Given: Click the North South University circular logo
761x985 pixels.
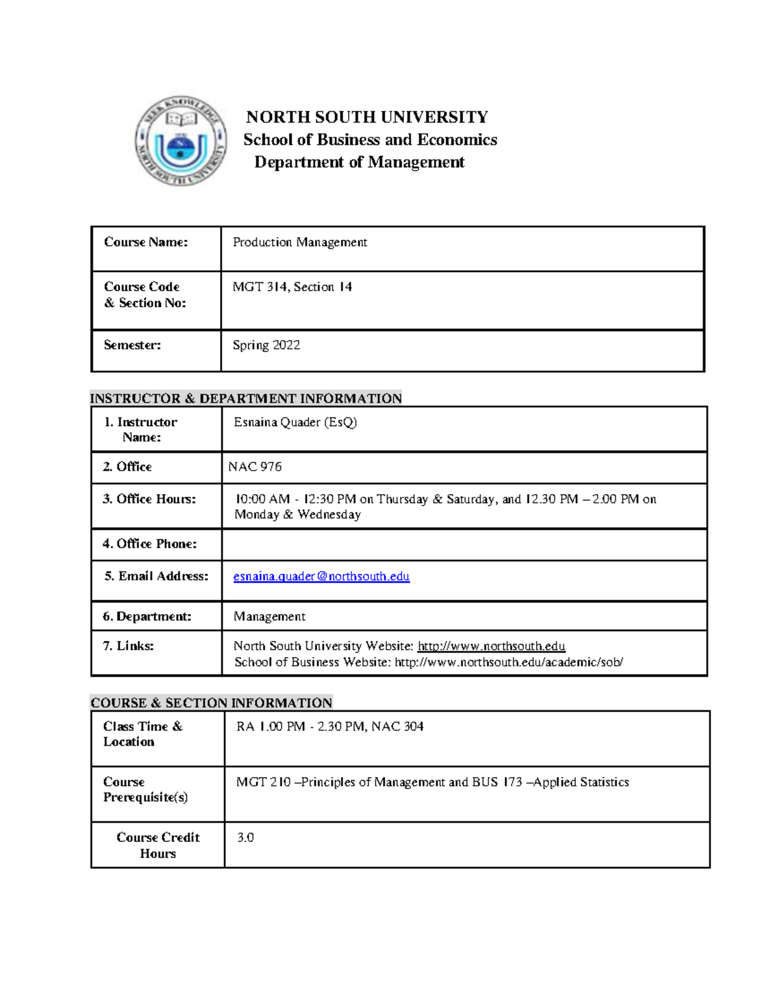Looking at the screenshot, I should pos(181,141).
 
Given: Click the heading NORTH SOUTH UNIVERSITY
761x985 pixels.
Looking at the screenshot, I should pos(367,117).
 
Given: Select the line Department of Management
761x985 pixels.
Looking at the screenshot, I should pos(359,162).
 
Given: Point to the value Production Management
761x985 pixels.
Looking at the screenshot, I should pos(299,242).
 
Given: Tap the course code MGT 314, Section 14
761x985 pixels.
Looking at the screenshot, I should pos(292,287).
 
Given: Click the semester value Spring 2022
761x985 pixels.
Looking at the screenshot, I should pos(266,345).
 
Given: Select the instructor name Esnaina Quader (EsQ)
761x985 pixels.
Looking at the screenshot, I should pos(295,422).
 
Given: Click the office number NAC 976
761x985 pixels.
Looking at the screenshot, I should pos(255,467).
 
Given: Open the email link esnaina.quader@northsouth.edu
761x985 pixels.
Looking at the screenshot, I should pos(321,577).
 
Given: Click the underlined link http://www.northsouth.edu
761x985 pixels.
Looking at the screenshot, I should pos(491,646).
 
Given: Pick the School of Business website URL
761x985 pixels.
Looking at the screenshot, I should pos(509,662).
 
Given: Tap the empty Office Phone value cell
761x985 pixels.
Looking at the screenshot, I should pos(464,544).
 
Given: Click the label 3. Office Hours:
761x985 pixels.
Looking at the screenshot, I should pos(150,499).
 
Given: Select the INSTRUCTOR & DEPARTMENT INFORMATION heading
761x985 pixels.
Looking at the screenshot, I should pos(245,398).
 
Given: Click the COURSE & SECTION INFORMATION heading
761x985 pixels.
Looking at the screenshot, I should pos(211,703).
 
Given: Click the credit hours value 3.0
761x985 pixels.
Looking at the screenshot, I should pos(245,838).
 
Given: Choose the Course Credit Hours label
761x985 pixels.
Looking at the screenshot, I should pos(158,845).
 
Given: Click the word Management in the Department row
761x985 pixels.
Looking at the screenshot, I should pos(269,616).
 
